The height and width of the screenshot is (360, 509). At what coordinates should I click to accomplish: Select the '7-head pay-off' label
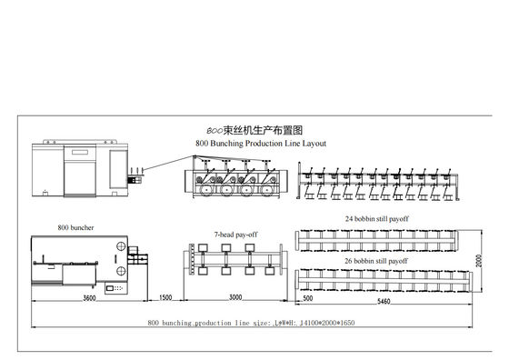(x=236, y=234)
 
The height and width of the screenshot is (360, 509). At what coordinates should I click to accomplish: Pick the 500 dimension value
(x=307, y=299)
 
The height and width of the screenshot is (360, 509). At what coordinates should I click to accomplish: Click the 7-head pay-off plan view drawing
(x=235, y=263)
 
